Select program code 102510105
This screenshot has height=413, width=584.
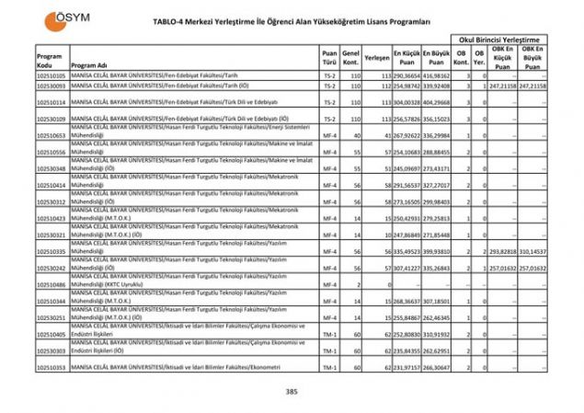coord(51,75)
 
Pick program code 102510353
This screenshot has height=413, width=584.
coord(51,368)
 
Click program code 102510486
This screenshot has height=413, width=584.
coord(51,285)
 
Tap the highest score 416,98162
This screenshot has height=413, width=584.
coord(437,75)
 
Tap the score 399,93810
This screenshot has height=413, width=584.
coord(437,250)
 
